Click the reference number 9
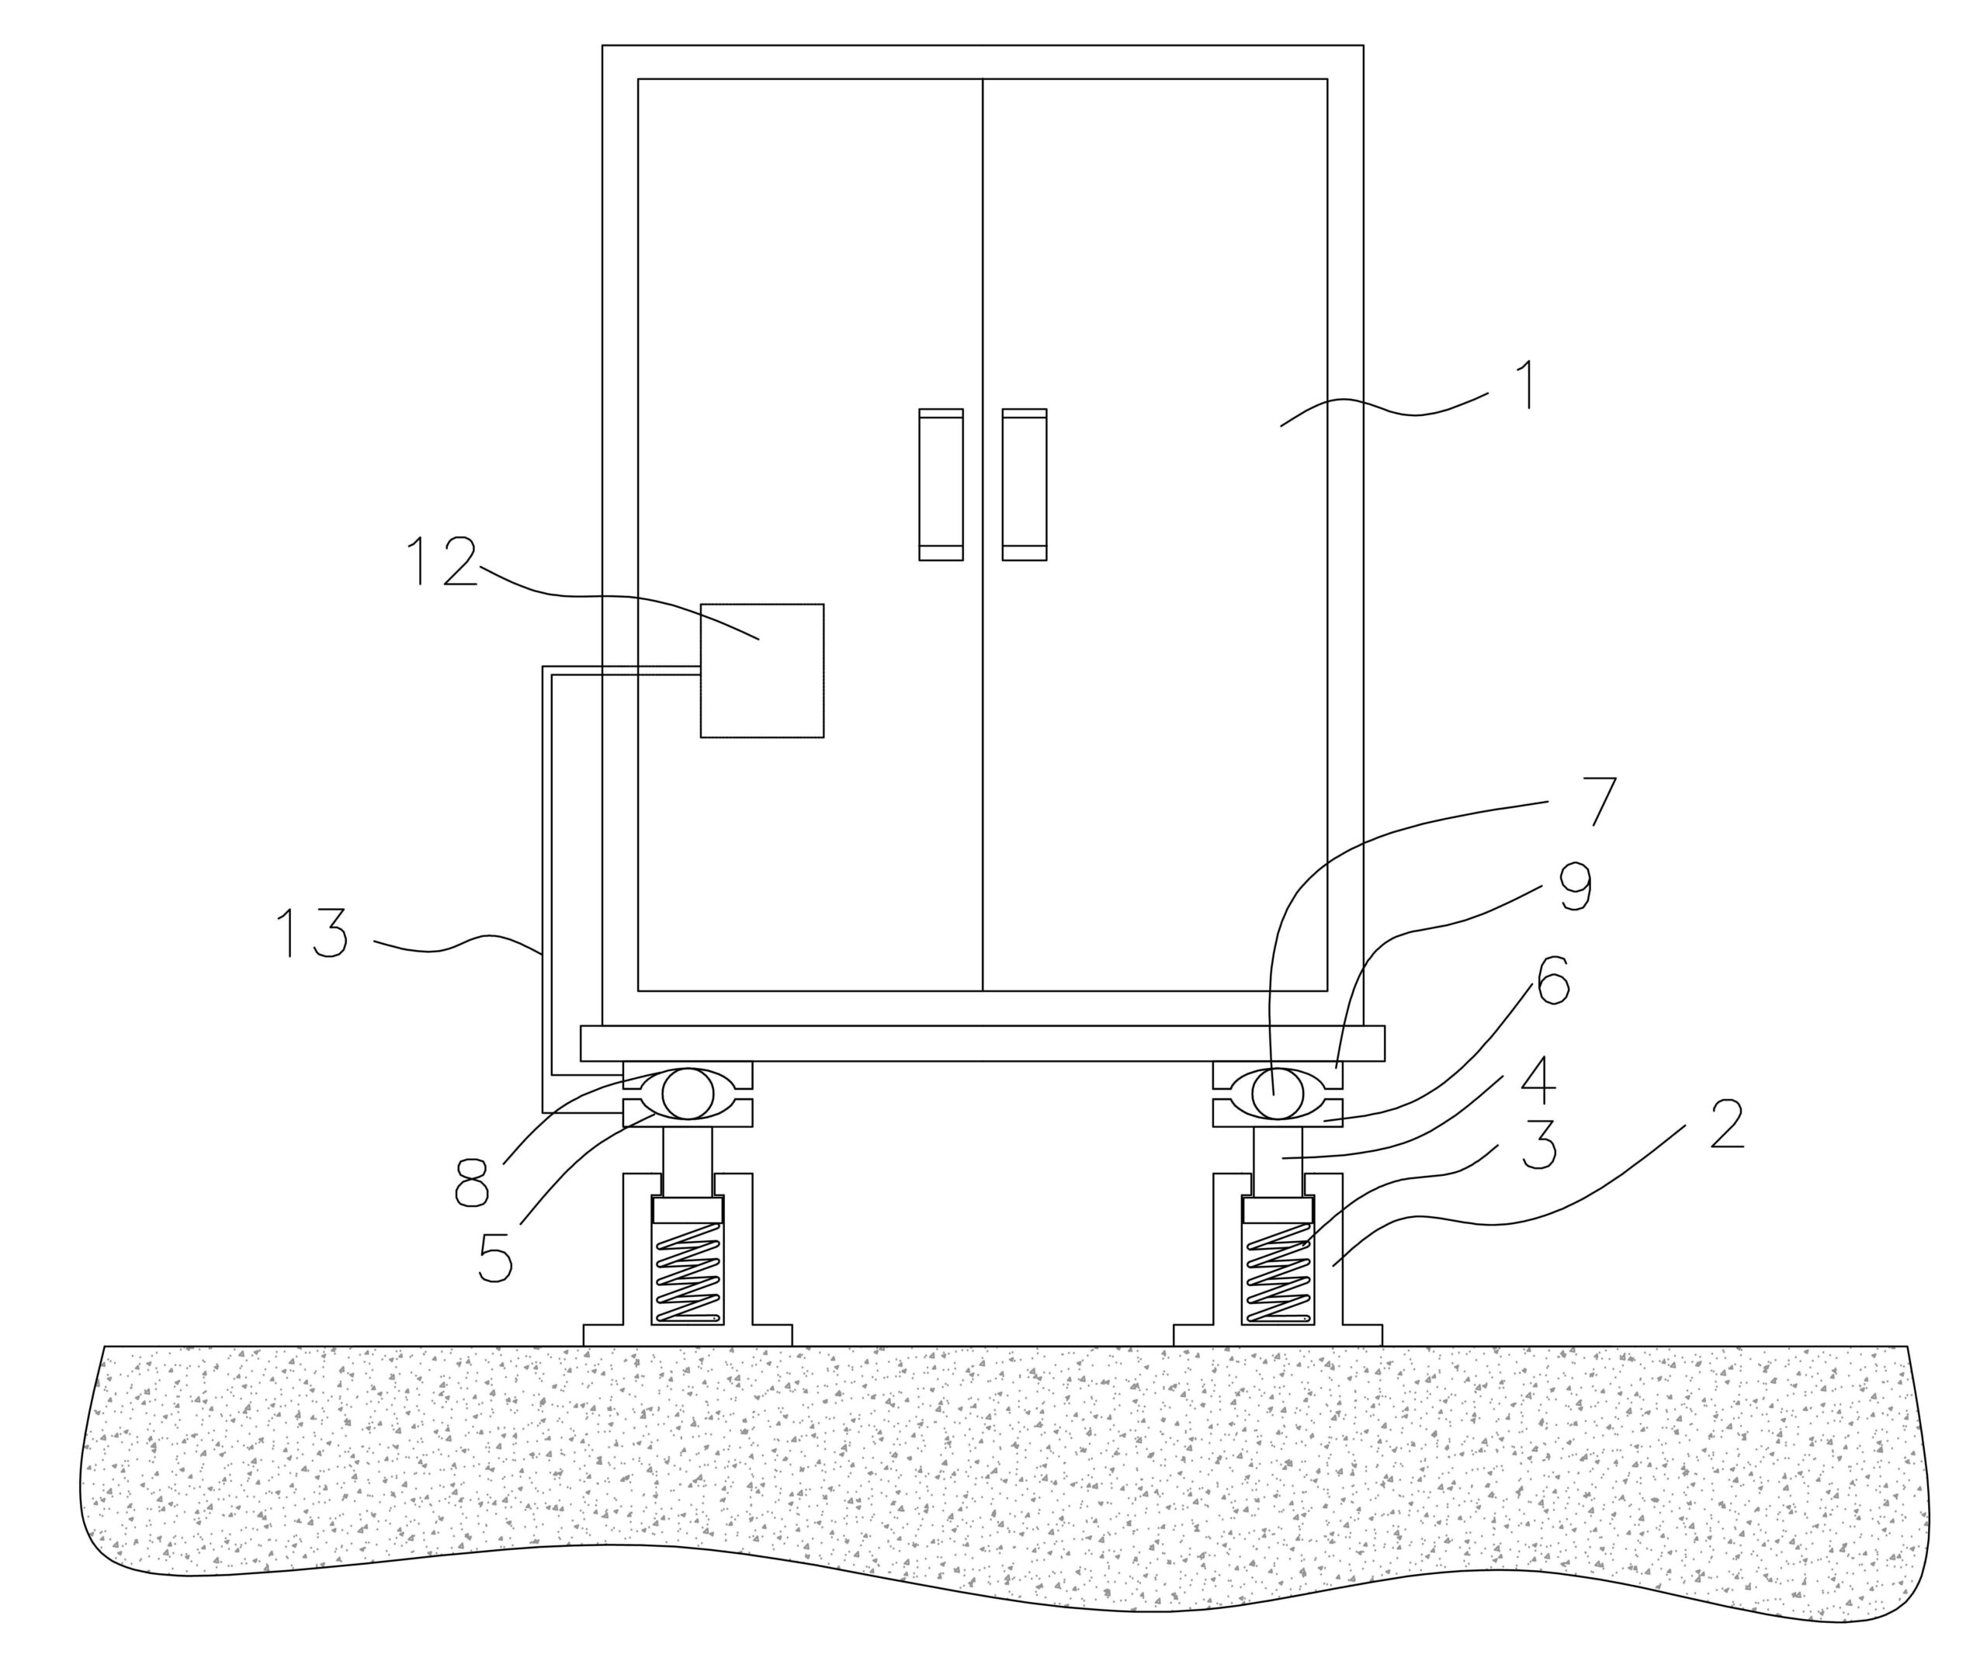[x=1573, y=887]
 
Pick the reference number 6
[x=1552, y=980]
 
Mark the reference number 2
[x=1727, y=1125]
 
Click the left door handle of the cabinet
[x=941, y=484]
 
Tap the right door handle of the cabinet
[x=1024, y=484]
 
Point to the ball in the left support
[x=687, y=1093]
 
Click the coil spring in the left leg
[x=688, y=1272]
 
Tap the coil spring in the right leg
[x=1278, y=1272]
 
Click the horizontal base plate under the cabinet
[x=982, y=1043]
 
